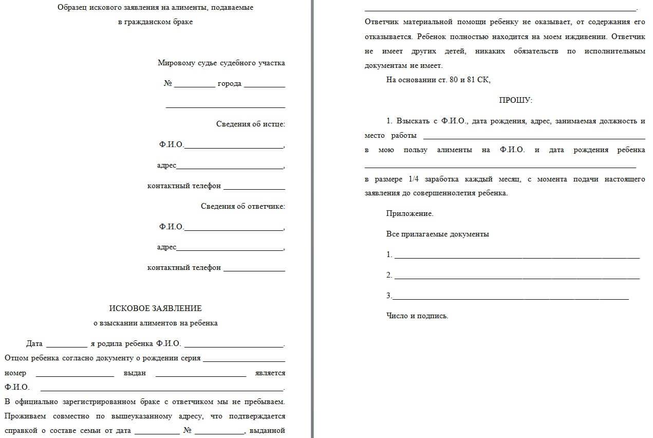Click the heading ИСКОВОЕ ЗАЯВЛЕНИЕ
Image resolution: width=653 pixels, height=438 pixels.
155,308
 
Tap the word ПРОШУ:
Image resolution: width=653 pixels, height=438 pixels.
515,100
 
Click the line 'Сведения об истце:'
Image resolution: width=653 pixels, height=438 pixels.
250,124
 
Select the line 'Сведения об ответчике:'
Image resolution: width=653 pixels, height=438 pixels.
242,206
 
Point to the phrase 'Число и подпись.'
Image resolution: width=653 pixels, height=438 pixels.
417,316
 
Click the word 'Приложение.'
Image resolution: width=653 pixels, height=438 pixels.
409,213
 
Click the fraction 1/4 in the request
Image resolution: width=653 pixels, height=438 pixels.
414,179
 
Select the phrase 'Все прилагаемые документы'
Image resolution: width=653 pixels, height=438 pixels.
437,234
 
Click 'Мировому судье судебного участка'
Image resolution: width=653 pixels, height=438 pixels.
221,63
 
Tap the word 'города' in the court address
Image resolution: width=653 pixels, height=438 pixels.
229,83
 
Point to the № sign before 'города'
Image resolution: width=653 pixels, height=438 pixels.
168,83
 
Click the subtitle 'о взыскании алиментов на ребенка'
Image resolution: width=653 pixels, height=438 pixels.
155,323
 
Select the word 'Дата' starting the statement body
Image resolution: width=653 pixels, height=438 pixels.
34,344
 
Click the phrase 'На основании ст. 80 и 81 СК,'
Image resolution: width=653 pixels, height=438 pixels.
438,80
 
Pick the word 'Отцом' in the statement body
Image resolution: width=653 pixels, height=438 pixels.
15,358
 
